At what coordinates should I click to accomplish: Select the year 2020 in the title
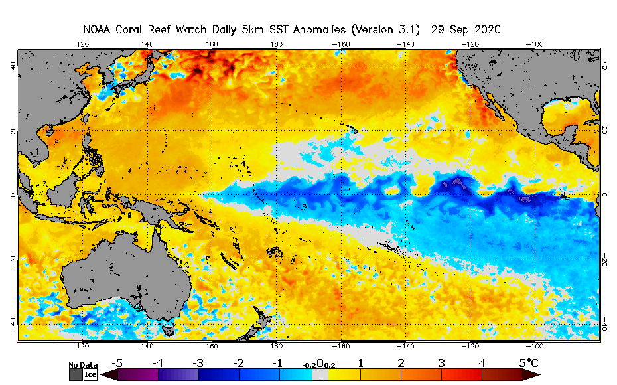pyautogui.click(x=486, y=30)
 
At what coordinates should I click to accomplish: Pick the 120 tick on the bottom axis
pyautogui.click(x=83, y=346)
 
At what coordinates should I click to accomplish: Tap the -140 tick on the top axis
pyautogui.click(x=405, y=44)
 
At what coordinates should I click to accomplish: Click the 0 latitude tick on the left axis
pyautogui.click(x=11, y=195)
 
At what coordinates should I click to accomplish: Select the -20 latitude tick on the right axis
pyautogui.click(x=606, y=260)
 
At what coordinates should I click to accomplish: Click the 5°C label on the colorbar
pyautogui.click(x=529, y=363)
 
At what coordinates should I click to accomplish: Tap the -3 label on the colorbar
pyautogui.click(x=198, y=363)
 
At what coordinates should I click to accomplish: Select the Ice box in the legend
pyautogui.click(x=90, y=374)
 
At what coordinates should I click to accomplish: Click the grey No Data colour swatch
pyautogui.click(x=76, y=374)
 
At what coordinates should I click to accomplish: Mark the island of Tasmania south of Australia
pyautogui.click(x=168, y=326)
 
